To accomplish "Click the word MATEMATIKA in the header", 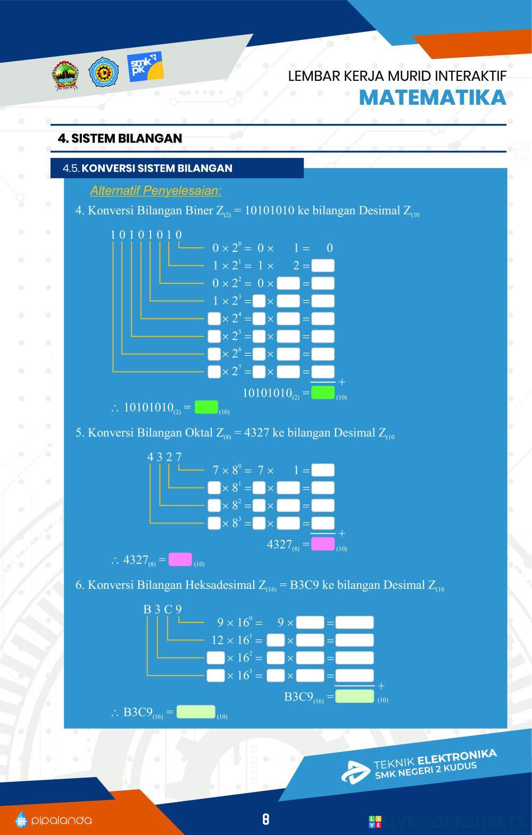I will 432,98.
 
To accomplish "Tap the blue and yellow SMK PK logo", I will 145,67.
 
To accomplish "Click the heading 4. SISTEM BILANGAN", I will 120,138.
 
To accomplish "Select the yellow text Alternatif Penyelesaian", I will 155,190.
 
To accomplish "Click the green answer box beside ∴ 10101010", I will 206,408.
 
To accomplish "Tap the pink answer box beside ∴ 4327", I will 180,560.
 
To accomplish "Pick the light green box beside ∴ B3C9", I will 195,712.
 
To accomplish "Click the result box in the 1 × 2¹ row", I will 323,265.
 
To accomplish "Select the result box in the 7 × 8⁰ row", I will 323,470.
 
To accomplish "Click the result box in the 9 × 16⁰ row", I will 354,622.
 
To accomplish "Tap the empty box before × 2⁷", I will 214,371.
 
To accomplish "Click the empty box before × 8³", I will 214,522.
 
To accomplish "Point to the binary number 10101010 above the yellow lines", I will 146,234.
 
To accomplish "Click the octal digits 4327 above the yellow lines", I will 164,457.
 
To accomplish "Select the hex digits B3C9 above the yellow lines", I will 162,609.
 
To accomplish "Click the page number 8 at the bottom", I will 265,819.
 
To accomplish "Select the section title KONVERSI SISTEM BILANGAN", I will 157,168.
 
